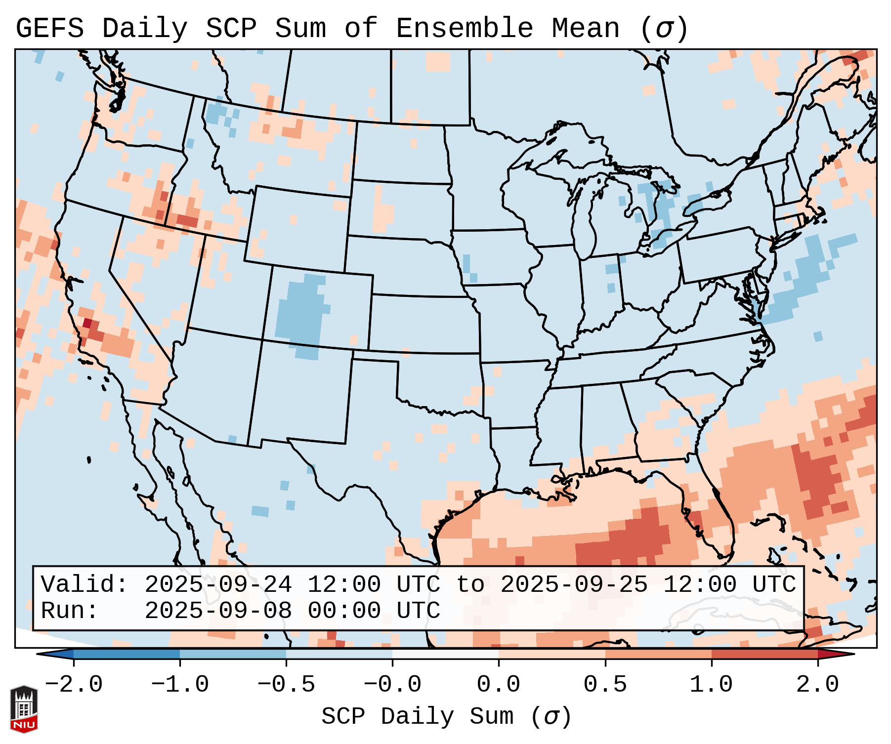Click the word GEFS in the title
click(50, 29)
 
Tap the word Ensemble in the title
click(464, 29)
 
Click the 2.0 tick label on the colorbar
click(817, 685)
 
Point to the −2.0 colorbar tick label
click(74, 685)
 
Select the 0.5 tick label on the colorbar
click(605, 685)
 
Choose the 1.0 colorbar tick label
click(711, 685)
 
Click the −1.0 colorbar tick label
click(180, 685)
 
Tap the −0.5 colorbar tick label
click(286, 685)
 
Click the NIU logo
click(24, 709)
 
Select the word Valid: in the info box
click(85, 584)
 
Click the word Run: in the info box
click(70, 611)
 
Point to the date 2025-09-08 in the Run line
click(218, 611)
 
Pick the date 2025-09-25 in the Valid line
click(574, 584)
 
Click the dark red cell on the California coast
click(87, 323)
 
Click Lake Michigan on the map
click(587, 217)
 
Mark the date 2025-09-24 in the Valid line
click(218, 584)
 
